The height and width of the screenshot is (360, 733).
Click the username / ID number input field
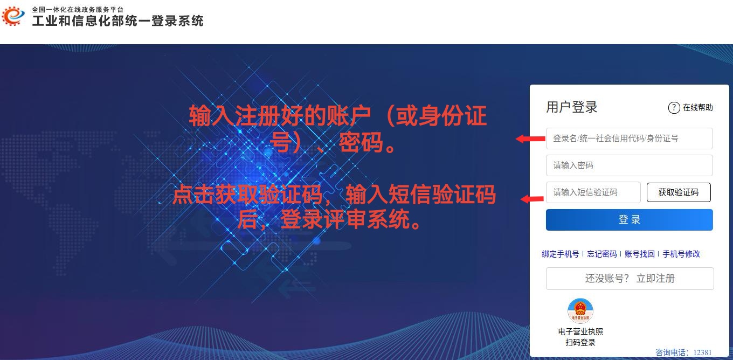[629, 139]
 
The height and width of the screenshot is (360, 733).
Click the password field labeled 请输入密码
[629, 165]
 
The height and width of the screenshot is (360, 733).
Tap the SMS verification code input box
[593, 192]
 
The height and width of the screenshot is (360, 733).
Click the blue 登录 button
[629, 219]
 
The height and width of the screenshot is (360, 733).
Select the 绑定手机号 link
[560, 254]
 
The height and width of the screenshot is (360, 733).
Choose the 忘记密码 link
[602, 254]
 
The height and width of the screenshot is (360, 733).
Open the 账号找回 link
[639, 254]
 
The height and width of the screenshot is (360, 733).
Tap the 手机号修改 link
[681, 254]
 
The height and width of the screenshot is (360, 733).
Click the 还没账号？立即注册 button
[630, 279]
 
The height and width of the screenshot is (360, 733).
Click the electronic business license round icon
[580, 311]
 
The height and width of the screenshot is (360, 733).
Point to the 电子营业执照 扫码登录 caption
[580, 337]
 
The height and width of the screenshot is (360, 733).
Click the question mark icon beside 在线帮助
[674, 107]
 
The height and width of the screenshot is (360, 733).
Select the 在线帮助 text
[697, 107]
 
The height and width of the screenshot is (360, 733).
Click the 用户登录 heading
[572, 107]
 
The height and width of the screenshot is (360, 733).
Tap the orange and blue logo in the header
[13, 16]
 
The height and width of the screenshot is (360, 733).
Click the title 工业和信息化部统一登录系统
[118, 21]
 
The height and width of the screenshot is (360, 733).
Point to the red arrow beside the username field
[530, 139]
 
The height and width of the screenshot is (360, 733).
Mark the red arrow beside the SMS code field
[533, 199]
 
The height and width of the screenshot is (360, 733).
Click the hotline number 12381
[702, 352]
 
